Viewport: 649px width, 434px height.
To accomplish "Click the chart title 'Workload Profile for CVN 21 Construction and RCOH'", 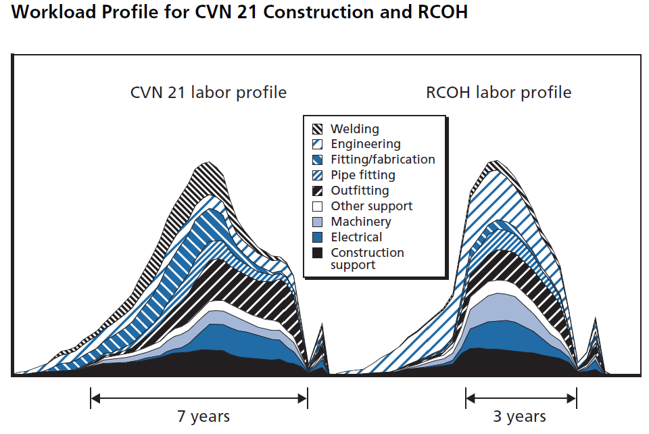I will pos(239,12).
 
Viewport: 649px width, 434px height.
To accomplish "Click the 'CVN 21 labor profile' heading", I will pos(208,93).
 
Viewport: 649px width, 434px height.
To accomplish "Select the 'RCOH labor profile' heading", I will pos(498,93).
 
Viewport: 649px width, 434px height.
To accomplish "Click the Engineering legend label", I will pos(365,144).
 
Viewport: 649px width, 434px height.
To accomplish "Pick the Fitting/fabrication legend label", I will pos(383,160).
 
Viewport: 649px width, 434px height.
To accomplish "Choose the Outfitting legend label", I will pos(360,191).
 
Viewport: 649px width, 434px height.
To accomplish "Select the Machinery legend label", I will pos(361,222).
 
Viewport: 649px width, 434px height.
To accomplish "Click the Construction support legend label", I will pos(367,258).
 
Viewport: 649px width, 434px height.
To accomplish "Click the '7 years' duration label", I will pos(203,416).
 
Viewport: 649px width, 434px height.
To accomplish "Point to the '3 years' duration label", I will pos(519,416).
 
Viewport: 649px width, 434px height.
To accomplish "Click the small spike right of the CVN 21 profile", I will pos(322,326).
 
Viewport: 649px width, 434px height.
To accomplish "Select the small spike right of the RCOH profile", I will pos(596,319).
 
